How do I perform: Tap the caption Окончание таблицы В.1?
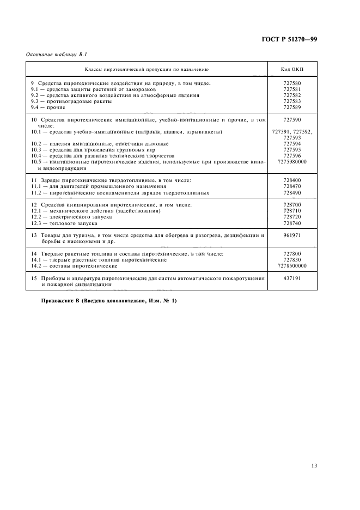(57, 54)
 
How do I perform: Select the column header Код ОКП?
(292, 70)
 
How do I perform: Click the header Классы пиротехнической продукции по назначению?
(147, 70)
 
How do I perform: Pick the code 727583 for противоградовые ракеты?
(292, 101)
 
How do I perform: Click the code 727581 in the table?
(292, 89)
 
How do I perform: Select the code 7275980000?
(292, 162)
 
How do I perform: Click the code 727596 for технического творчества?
(292, 156)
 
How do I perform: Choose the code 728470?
(292, 186)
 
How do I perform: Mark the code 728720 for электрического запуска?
(292, 217)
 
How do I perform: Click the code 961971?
(292, 235)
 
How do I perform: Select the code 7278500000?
(292, 266)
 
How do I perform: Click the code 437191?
(292, 278)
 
